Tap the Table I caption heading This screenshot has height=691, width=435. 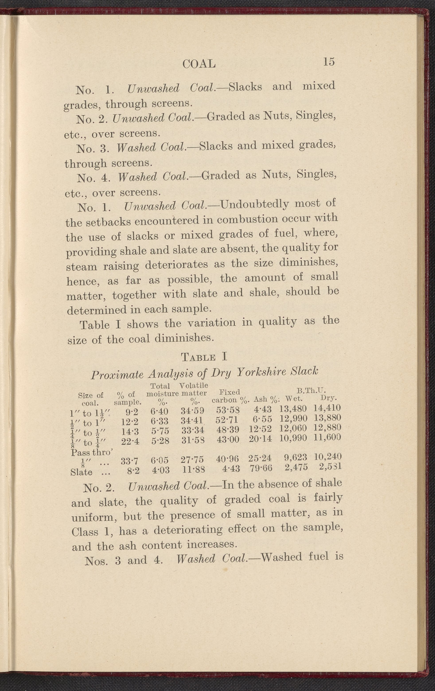tap(204, 357)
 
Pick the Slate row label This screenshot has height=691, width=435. tap(81, 473)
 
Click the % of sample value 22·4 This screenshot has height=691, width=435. tap(130, 442)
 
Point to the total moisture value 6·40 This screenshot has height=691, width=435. tap(160, 412)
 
